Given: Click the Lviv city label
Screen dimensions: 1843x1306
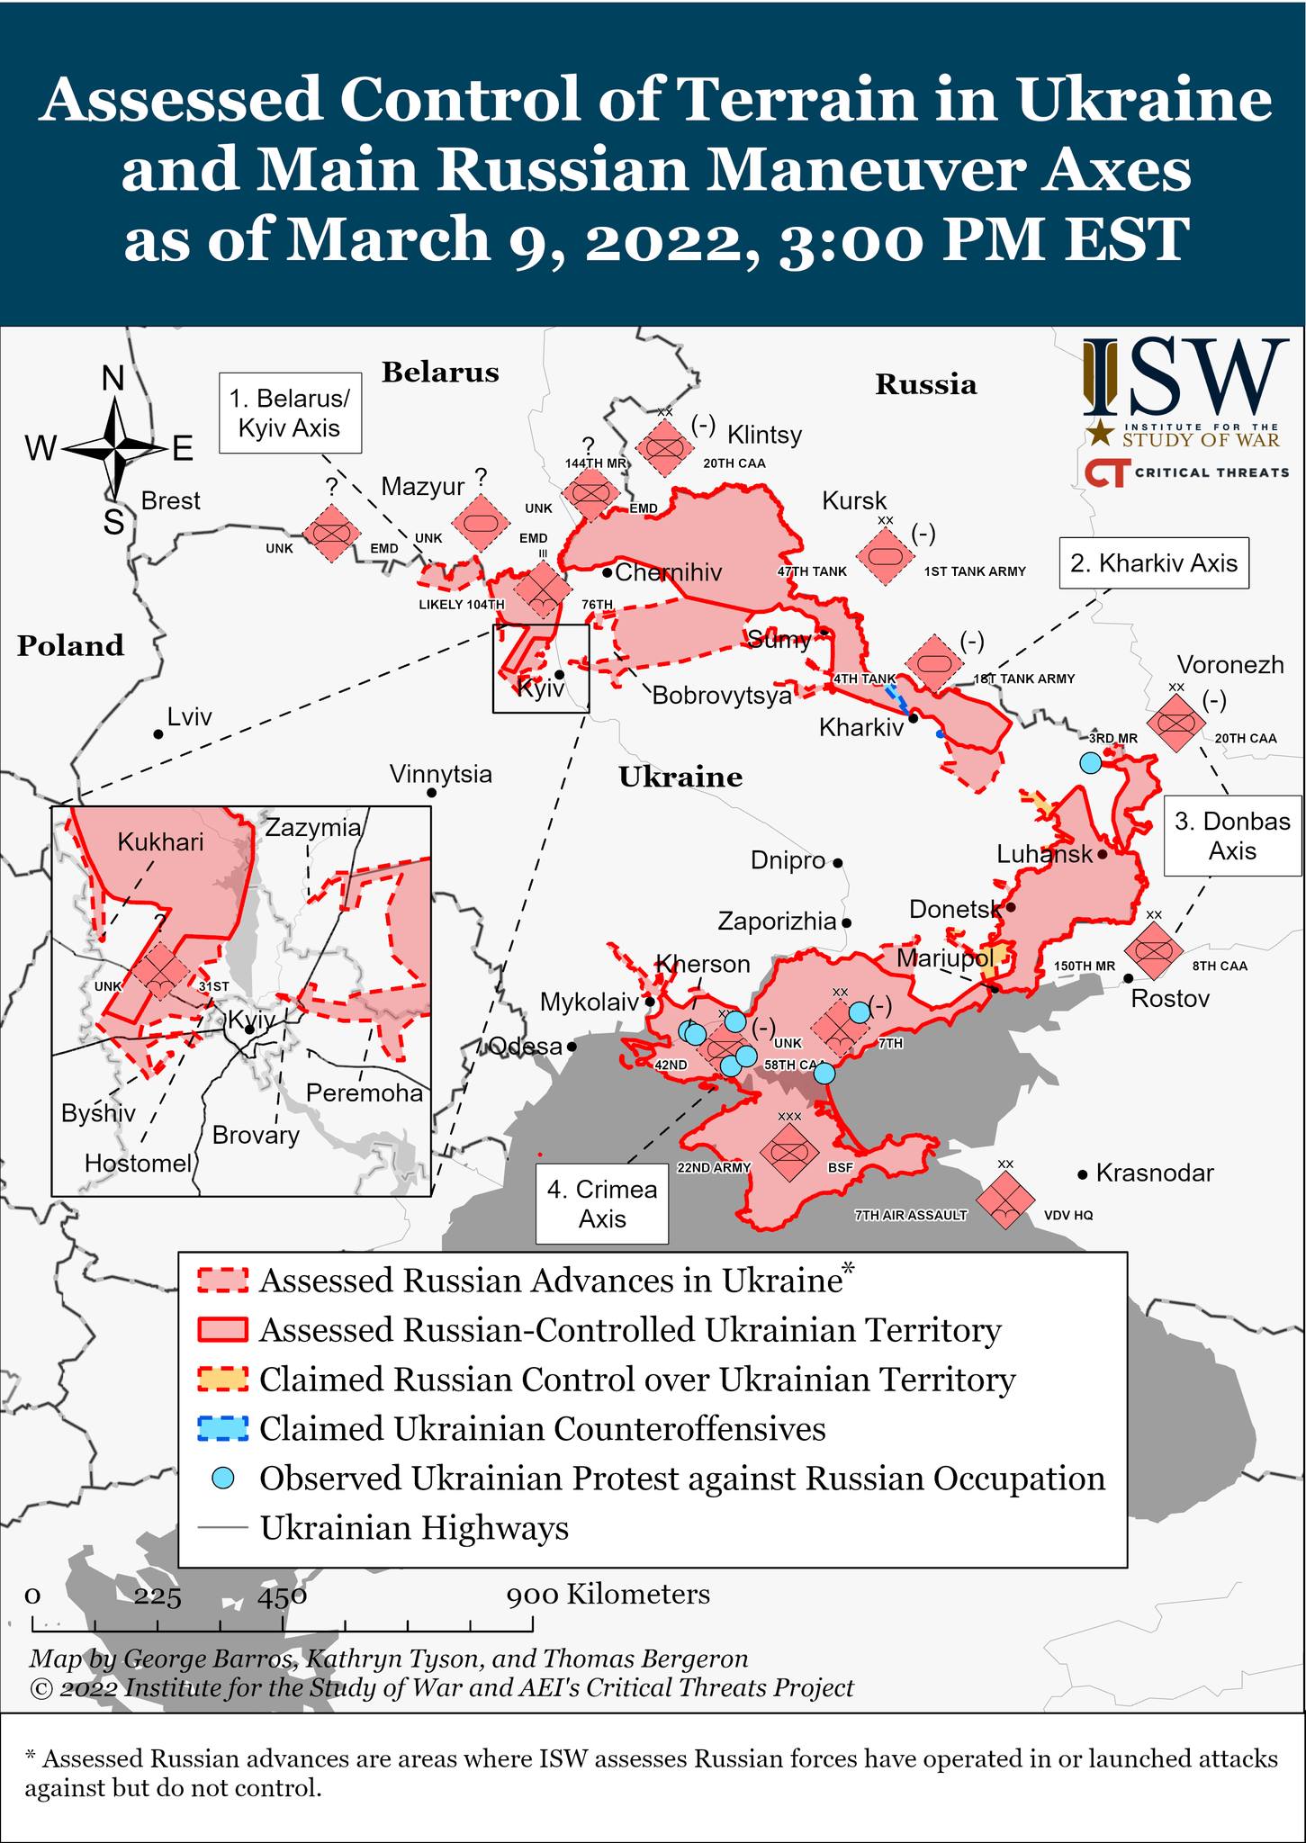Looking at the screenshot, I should pos(190,717).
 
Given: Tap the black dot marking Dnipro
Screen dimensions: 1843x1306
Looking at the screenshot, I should pos(837,862).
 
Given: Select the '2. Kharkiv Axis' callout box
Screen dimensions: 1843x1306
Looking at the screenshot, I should pos(1154,563).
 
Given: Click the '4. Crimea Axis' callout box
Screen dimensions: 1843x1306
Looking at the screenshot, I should pos(602,1204).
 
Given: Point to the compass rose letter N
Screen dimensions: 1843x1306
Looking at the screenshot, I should pos(113,379).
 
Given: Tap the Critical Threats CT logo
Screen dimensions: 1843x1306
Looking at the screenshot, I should pos(1105,472).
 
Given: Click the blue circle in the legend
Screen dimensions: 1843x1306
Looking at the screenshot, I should pos(222,1478).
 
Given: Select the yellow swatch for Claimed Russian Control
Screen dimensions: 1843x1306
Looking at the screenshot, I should pos(221,1379).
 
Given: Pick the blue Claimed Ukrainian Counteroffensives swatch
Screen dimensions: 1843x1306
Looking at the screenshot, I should pos(221,1428).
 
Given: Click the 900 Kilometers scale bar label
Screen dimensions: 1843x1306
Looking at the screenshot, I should pos(608,1595).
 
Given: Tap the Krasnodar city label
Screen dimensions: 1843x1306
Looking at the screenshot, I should pos(1155,1173).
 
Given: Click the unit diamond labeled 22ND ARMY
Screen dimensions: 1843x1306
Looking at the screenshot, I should pos(788,1151).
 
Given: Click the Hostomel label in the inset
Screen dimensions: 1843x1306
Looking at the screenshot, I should pos(139,1164).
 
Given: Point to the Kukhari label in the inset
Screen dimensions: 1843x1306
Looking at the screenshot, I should pos(160,842).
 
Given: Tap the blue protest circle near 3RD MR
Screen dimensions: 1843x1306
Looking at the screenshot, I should pos(1090,762).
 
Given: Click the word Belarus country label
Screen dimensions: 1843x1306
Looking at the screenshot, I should pos(440,373).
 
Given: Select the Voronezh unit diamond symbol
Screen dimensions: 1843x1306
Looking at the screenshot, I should pos(1175,722).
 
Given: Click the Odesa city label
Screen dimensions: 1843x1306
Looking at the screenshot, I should pos(525,1047).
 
